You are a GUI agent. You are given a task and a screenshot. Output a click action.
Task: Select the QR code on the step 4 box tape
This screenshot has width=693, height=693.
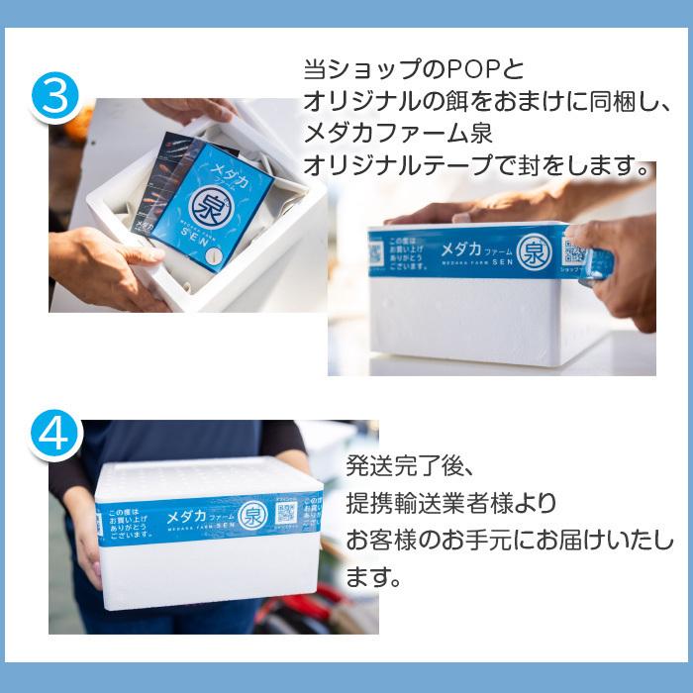[x=287, y=513]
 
